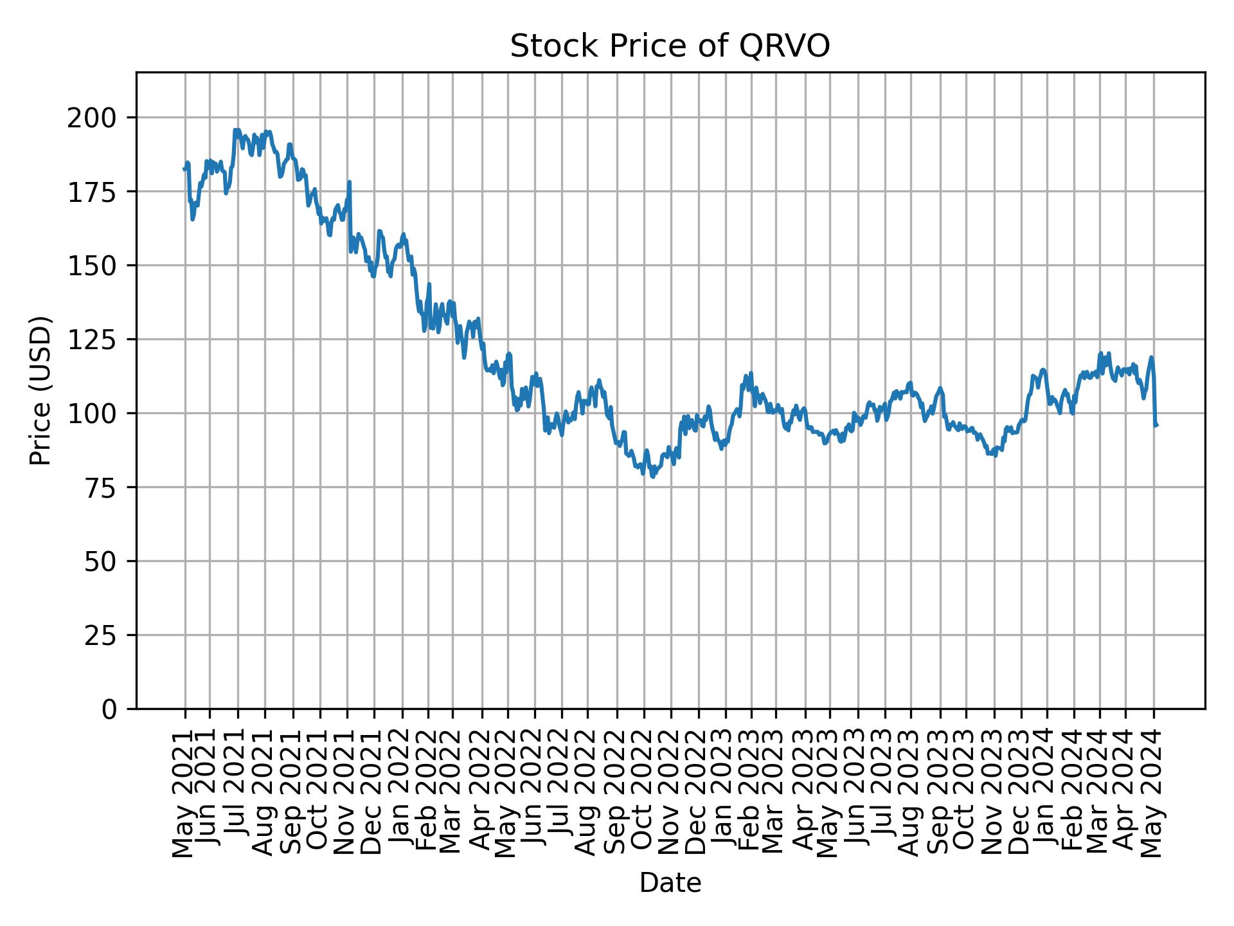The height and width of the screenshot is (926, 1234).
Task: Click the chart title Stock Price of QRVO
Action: tap(670, 47)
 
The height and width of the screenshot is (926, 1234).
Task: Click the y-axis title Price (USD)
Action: tap(40, 390)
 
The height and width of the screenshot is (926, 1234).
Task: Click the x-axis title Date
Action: tap(670, 883)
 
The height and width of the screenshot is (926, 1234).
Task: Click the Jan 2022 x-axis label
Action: tap(402, 795)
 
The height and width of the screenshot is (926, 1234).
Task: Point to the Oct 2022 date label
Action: tap(643, 795)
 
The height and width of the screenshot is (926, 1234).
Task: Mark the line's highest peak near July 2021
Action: tap(236, 129)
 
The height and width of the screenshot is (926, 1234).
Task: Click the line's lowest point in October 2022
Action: tap(653, 477)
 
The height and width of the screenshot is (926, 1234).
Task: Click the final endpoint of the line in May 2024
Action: tap(1157, 425)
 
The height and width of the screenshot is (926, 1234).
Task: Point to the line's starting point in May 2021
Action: tap(184, 168)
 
